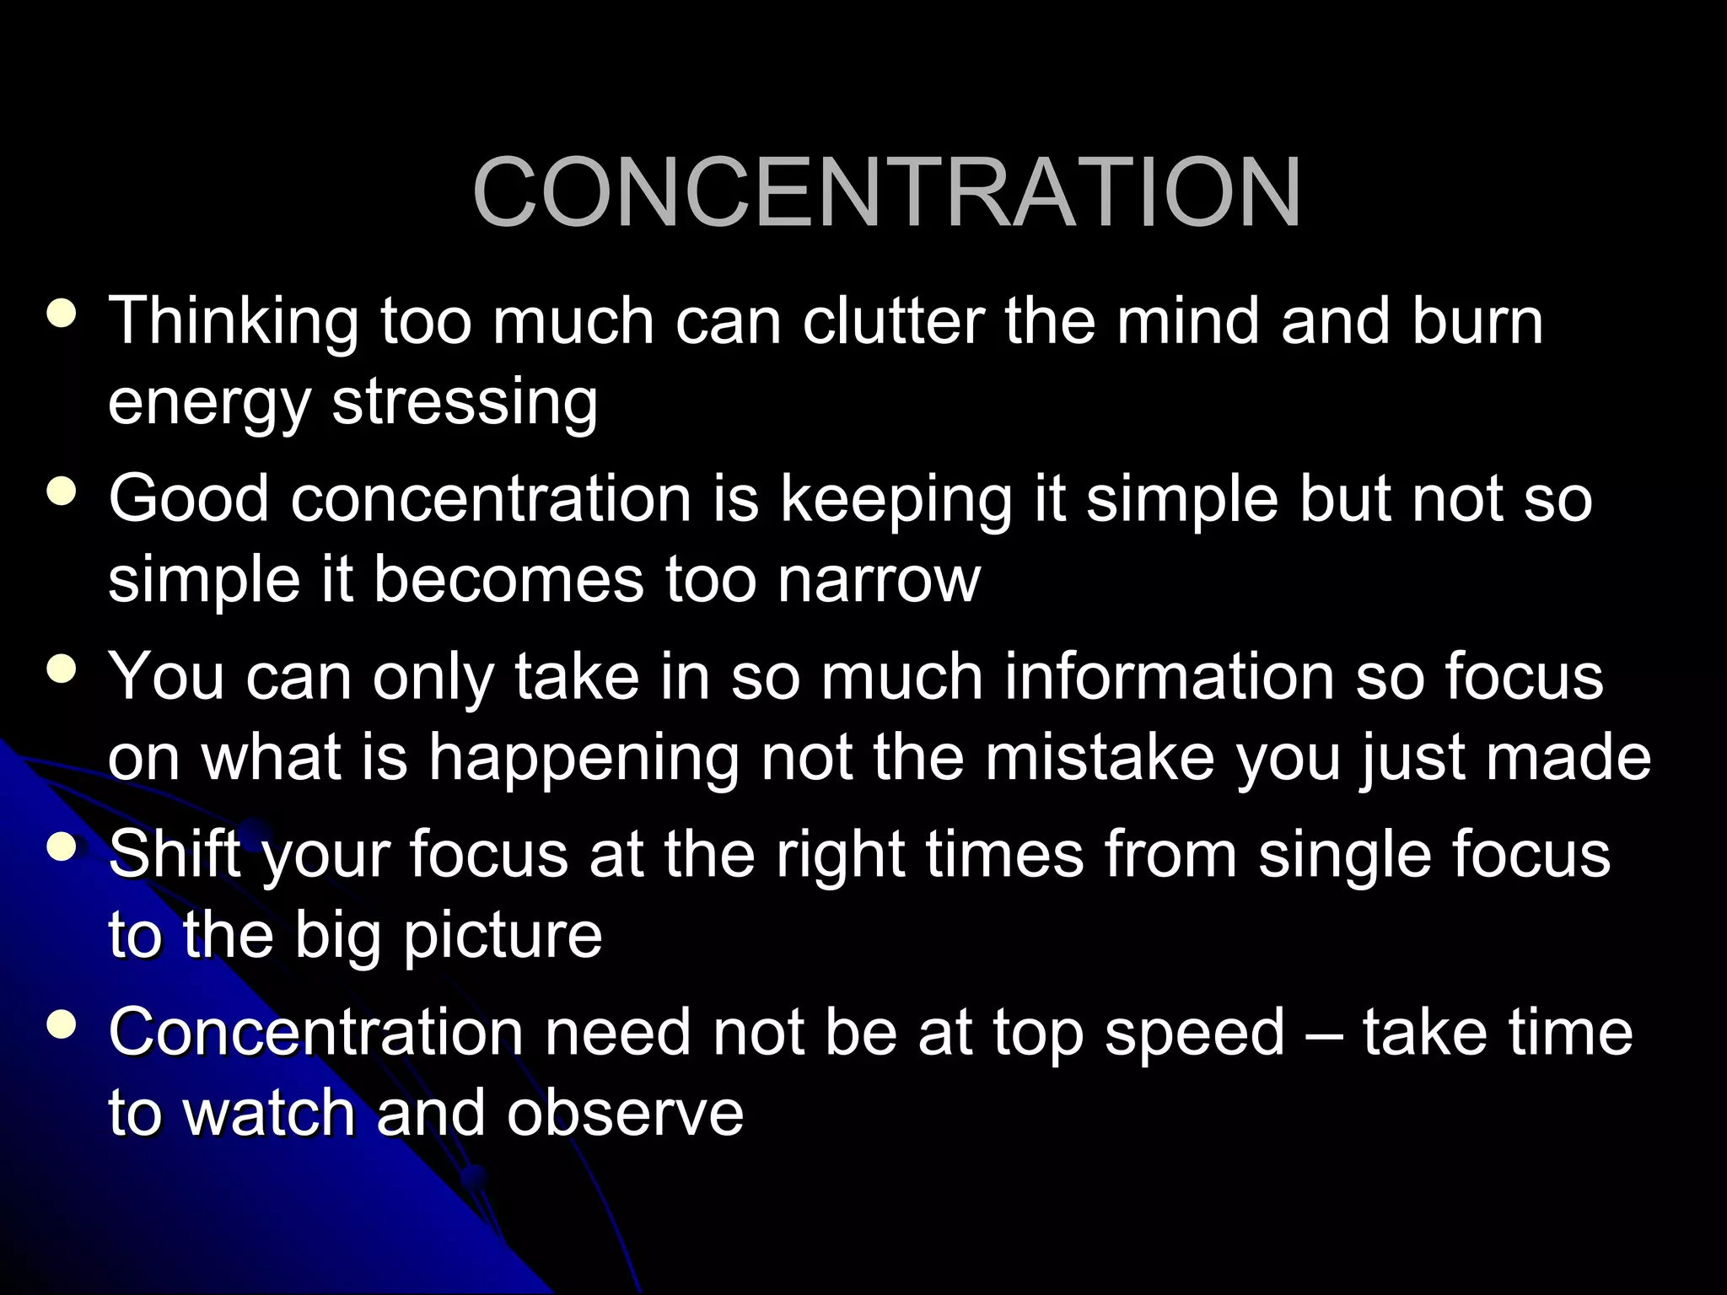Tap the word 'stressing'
(x=465, y=403)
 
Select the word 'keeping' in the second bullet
(x=896, y=501)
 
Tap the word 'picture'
(x=503, y=937)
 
